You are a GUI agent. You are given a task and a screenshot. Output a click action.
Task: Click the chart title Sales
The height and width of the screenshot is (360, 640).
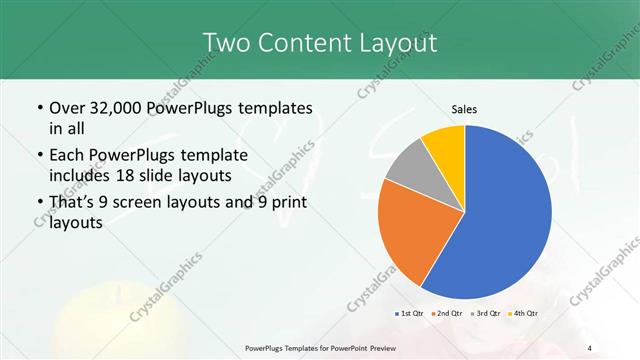click(464, 108)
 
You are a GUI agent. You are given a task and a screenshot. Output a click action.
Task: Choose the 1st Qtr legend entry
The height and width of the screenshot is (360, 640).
click(410, 313)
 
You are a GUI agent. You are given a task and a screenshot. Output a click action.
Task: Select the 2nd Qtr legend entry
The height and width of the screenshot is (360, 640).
click(445, 313)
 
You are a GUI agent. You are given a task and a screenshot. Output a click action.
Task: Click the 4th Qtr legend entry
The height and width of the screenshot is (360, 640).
click(522, 313)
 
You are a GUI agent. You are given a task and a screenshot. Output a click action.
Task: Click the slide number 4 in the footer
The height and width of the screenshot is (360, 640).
click(590, 347)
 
